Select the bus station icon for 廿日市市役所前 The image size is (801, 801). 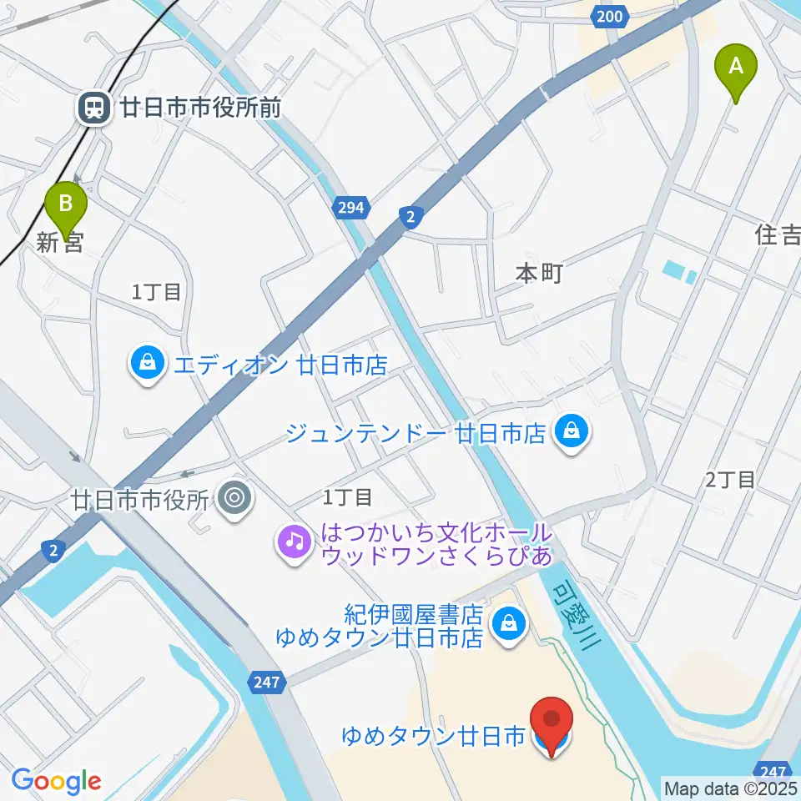click(x=93, y=108)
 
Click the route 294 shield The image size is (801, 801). click(x=350, y=207)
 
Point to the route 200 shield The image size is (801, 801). click(x=610, y=16)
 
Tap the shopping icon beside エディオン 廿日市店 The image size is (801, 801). click(x=147, y=364)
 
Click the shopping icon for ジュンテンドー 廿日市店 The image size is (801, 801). click(x=572, y=432)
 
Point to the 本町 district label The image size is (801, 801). click(x=540, y=273)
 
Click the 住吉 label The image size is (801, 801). click(x=778, y=238)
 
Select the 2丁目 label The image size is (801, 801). click(x=729, y=479)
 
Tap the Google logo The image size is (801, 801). click(x=56, y=781)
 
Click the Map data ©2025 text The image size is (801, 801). click(x=729, y=787)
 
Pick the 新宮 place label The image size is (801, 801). click(x=60, y=244)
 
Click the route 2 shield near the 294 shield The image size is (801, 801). click(x=410, y=217)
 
